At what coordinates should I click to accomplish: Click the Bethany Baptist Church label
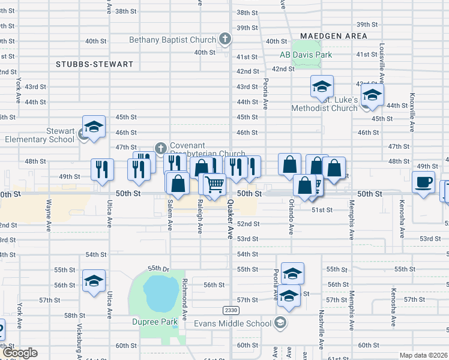pos(172,40)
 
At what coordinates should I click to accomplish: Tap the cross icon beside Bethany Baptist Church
pos(224,40)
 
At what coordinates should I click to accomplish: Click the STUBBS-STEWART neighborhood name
pos(94,64)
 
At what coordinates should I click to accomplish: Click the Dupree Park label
pos(155,322)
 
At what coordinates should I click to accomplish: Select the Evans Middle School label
pos(233,323)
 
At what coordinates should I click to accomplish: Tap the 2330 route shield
pos(231,310)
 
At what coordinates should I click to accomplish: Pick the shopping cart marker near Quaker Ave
pos(214,184)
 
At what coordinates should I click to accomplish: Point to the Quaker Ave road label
pos(229,220)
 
